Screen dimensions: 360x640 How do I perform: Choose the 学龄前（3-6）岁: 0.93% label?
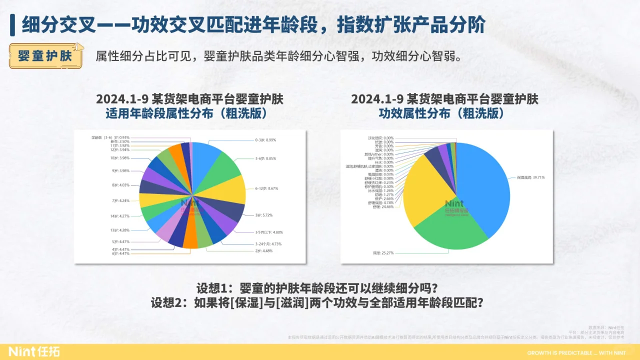(110, 137)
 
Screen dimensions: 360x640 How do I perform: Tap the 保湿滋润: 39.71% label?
(531, 177)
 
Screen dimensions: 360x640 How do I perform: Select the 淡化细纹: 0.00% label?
(381, 137)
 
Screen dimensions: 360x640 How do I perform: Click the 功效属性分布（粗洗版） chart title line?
(444, 114)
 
